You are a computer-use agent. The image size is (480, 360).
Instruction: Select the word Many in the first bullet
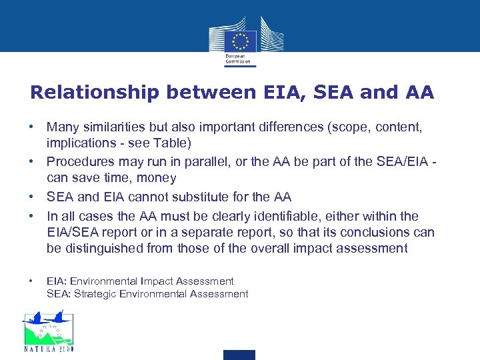pyautogui.click(x=61, y=126)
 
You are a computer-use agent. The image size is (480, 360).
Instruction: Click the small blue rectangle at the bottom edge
pyautogui.click(x=239, y=355)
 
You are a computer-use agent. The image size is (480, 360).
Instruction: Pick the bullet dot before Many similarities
pyautogui.click(x=31, y=126)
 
